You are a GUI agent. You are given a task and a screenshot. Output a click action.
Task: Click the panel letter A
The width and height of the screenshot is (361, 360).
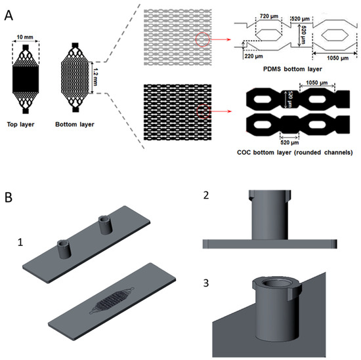(x=9, y=16)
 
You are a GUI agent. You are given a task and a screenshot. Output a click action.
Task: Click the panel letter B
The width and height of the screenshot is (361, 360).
(x=9, y=197)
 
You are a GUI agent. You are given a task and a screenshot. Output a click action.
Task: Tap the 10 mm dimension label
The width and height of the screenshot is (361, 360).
(x=25, y=37)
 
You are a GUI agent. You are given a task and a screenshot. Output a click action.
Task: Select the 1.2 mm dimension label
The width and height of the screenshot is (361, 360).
(x=95, y=77)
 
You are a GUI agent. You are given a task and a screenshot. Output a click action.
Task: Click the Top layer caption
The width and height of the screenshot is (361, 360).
(x=20, y=125)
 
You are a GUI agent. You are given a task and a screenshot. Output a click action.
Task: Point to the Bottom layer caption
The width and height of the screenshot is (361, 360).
(x=75, y=125)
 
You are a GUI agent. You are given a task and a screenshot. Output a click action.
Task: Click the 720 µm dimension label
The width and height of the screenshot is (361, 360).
(x=269, y=16)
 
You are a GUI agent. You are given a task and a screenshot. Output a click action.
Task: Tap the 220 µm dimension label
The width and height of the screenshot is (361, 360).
(x=253, y=56)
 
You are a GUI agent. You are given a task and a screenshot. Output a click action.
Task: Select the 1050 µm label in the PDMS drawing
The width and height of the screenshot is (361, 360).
(x=338, y=58)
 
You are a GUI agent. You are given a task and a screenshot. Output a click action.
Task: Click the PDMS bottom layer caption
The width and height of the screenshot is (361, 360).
(x=293, y=69)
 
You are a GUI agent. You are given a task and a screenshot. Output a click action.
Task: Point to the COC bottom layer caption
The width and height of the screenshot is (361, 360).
(x=295, y=152)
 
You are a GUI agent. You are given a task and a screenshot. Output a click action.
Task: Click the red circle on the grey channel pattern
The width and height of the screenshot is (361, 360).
(x=203, y=39)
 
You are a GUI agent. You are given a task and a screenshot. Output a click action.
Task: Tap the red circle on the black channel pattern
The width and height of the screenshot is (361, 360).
(x=203, y=111)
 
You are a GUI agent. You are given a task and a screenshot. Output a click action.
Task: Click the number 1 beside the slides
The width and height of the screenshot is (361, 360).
(x=20, y=242)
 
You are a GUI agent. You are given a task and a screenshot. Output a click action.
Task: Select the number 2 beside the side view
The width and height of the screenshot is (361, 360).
(x=206, y=195)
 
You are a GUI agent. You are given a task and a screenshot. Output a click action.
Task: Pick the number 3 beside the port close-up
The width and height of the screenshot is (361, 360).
(x=206, y=283)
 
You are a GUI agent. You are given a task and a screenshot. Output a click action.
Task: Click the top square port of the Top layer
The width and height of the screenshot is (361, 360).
(x=26, y=48)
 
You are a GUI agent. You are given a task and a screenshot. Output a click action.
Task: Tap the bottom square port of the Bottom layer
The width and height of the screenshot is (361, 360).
(x=75, y=110)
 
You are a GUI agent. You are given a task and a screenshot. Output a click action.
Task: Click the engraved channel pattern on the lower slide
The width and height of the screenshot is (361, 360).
(x=112, y=300)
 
